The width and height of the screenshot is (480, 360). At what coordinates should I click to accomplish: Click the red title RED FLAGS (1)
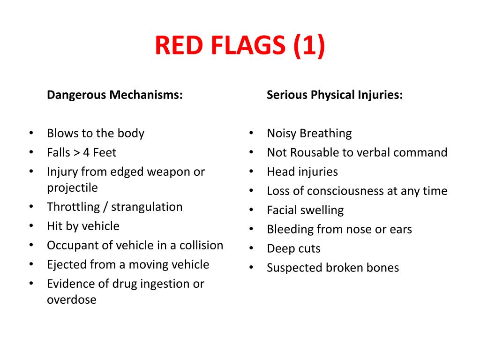click(240, 46)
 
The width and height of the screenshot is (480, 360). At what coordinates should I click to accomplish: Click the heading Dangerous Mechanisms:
click(114, 95)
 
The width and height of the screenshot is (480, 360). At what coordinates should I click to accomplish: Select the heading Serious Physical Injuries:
click(334, 95)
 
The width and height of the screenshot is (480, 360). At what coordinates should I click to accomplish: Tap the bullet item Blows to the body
click(95, 133)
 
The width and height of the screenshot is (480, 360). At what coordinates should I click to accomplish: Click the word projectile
click(72, 188)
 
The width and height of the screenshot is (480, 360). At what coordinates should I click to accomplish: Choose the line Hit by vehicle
click(83, 226)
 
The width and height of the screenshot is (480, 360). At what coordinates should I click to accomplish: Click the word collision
click(201, 246)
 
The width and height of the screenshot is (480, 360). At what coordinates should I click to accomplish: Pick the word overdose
click(71, 300)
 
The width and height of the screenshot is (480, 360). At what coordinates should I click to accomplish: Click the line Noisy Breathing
click(309, 134)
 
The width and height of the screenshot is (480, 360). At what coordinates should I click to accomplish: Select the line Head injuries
click(302, 172)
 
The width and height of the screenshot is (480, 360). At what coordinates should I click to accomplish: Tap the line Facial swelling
click(305, 210)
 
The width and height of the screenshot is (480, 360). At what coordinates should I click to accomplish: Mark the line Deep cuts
click(293, 249)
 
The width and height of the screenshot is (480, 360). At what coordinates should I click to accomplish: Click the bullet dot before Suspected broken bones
click(252, 268)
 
